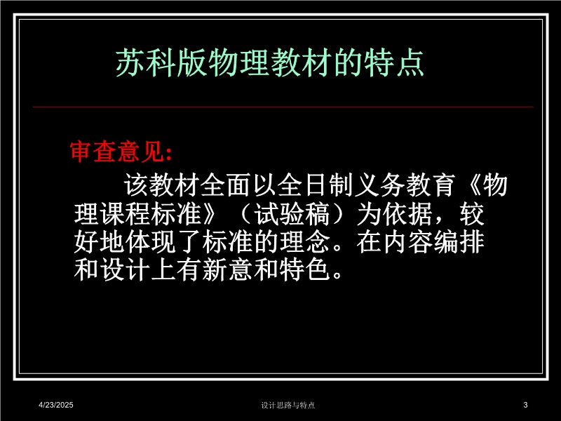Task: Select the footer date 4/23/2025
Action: pos(56,405)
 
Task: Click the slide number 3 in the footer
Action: pos(525,405)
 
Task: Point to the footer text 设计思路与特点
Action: pos(288,406)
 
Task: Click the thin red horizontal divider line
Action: pos(283,107)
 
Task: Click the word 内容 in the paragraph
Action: pos(408,242)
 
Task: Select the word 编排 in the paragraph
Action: pos(459,242)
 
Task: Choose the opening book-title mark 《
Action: pos(472,185)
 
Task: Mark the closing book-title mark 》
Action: pos(209,215)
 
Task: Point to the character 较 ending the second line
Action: pos(472,215)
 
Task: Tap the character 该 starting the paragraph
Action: pos(136,185)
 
